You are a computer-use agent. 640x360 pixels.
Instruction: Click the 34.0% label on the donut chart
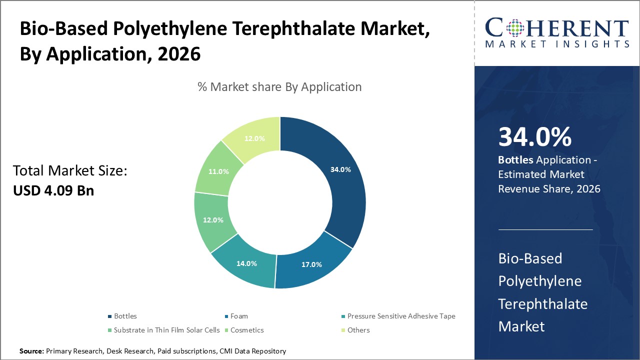click(x=340, y=169)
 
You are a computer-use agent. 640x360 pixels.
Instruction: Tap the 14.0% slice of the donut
click(x=246, y=263)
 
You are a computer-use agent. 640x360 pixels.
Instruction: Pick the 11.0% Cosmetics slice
click(x=218, y=171)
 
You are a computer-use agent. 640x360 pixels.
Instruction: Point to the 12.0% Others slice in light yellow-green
click(x=254, y=138)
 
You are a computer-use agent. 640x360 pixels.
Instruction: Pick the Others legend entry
click(x=358, y=330)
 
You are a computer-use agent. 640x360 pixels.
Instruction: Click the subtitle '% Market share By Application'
click(x=279, y=86)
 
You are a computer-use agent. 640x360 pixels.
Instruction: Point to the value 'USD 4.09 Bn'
click(x=53, y=190)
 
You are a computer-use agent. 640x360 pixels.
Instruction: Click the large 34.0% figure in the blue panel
click(x=534, y=137)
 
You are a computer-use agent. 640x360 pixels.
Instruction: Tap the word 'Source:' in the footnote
click(x=31, y=351)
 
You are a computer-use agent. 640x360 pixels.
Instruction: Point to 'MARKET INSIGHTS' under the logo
click(x=557, y=44)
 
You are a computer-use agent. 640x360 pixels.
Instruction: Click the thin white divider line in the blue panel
click(x=545, y=230)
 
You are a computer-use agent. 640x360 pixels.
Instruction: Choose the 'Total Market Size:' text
click(x=70, y=171)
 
